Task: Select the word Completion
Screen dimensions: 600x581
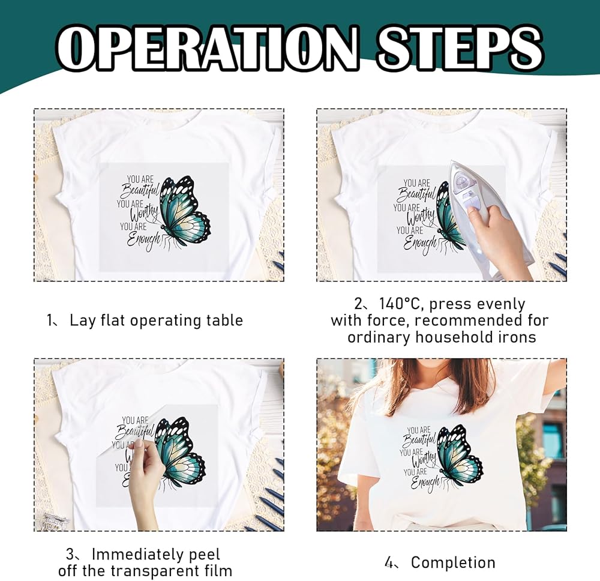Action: pos(453,562)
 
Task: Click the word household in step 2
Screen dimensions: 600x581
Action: pos(455,337)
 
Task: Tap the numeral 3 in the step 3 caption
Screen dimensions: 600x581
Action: pos(70,554)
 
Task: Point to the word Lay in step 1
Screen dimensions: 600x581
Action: pos(82,321)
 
